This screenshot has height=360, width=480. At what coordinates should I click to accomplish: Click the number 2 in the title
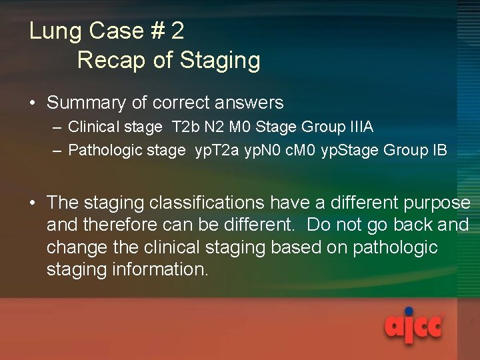[177, 31]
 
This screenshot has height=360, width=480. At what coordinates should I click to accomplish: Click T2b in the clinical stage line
[183, 127]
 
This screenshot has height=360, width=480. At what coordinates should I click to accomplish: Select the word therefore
[127, 225]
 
